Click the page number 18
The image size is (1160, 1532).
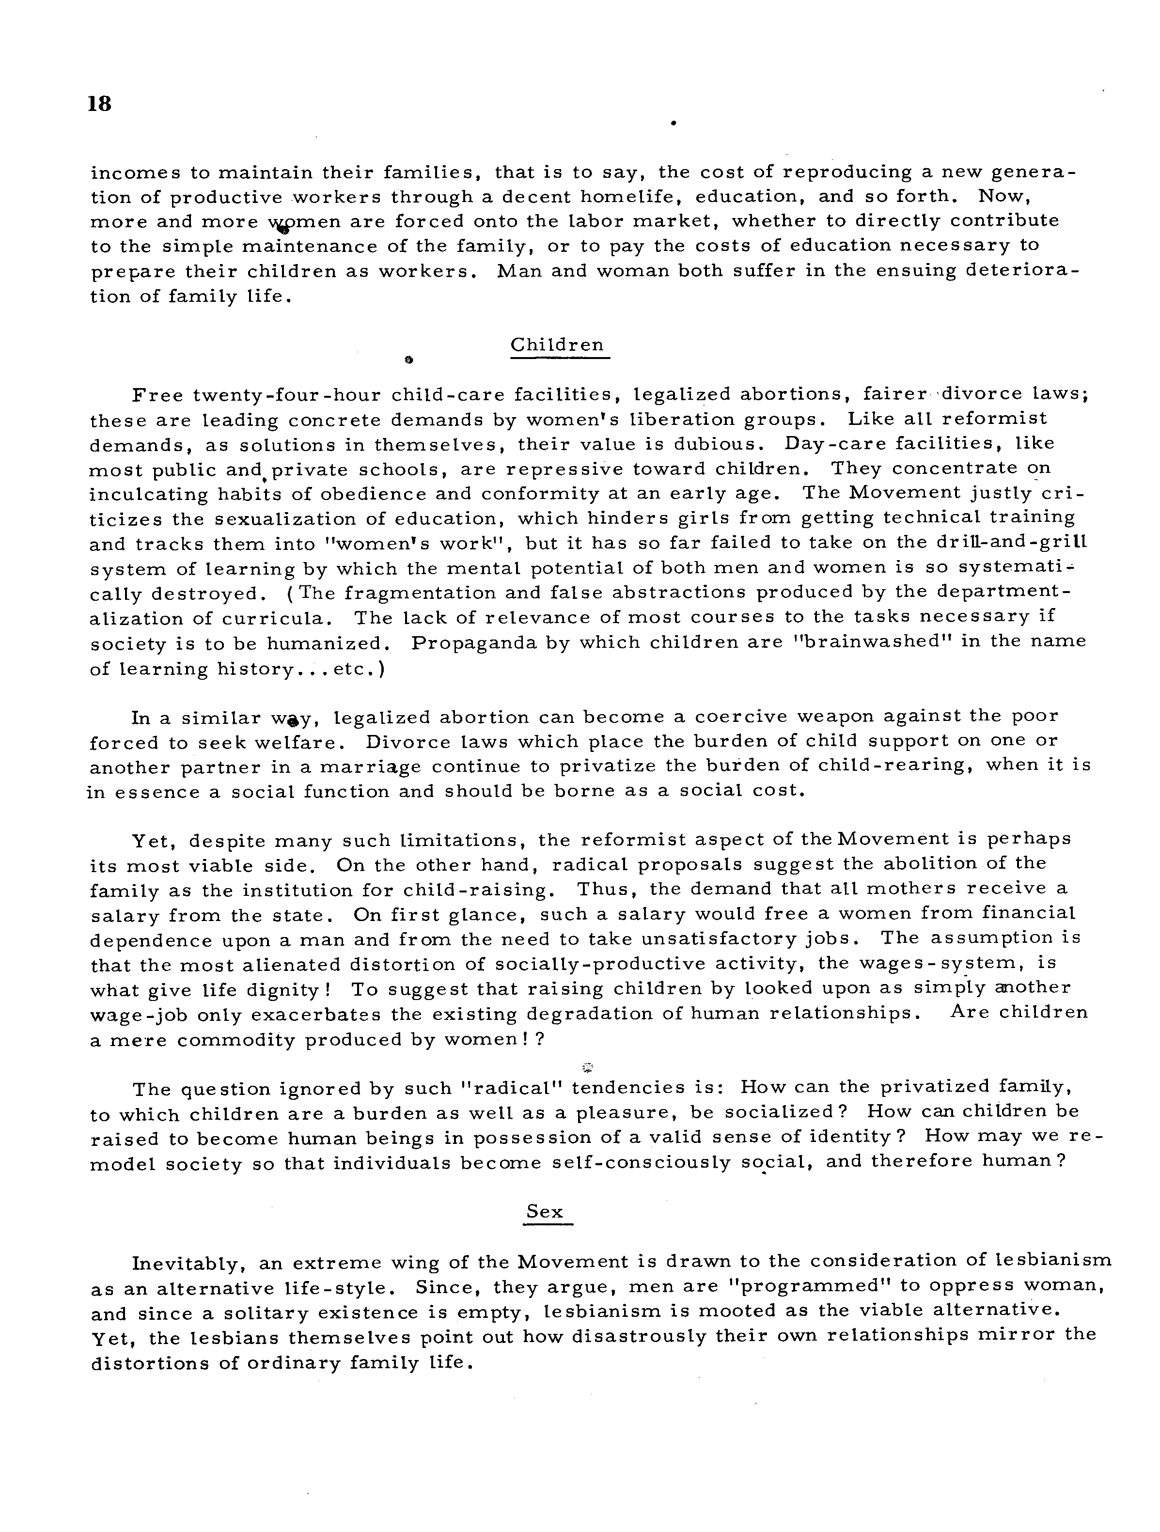tap(100, 104)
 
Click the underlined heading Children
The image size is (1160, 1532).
tap(558, 345)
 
